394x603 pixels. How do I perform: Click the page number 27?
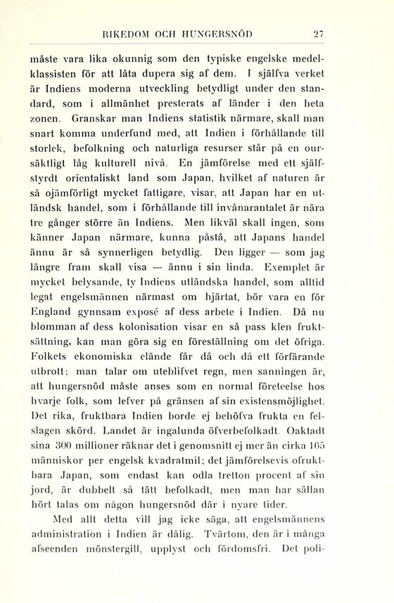317,32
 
